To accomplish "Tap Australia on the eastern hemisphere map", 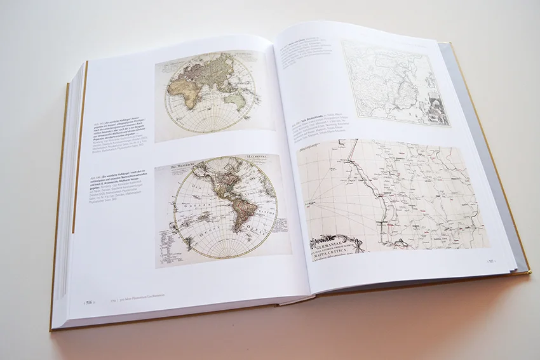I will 235,100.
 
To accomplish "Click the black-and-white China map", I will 394,83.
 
